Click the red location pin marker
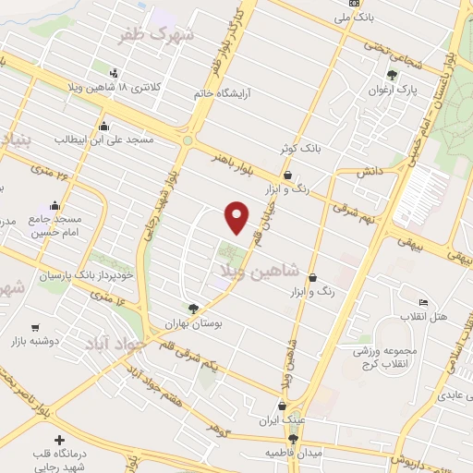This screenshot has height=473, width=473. [238, 216]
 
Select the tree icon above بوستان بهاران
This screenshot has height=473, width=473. [192, 309]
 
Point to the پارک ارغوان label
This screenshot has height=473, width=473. [401, 91]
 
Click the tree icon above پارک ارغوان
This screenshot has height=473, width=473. [393, 76]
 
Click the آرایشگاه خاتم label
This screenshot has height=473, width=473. [221, 93]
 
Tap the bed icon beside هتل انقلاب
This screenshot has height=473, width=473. [423, 303]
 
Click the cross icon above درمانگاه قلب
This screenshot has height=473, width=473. [60, 441]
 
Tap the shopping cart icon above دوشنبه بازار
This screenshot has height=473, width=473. [35, 327]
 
